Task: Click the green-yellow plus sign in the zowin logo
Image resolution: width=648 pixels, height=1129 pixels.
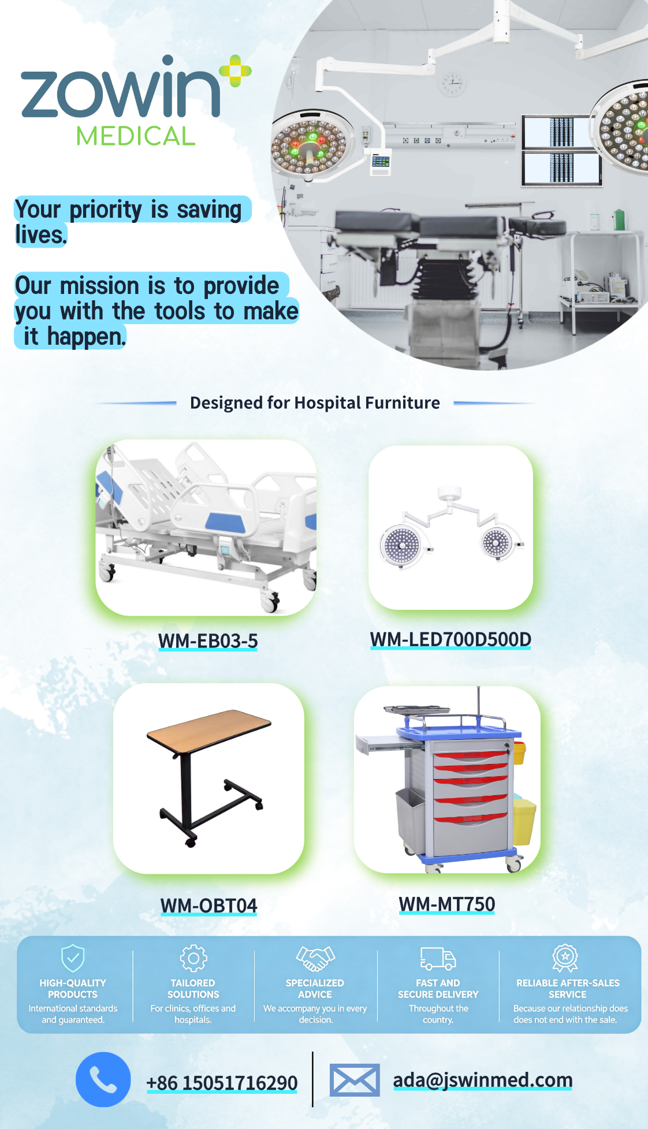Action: (x=235, y=71)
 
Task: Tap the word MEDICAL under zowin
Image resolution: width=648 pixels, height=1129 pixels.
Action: (x=136, y=136)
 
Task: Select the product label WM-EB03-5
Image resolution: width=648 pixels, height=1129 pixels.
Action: (x=208, y=640)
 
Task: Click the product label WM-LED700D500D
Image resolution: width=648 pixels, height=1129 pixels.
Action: (x=450, y=639)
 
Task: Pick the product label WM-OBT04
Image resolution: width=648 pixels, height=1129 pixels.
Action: (x=208, y=905)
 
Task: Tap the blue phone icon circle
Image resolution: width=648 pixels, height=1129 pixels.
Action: (x=103, y=1079)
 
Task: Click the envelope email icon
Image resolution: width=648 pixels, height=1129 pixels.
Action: (x=355, y=1080)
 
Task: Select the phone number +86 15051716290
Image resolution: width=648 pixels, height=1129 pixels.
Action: (x=222, y=1083)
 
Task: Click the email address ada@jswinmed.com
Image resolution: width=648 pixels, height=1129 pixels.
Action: (x=483, y=1079)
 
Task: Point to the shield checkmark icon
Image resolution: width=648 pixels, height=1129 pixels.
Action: (x=73, y=958)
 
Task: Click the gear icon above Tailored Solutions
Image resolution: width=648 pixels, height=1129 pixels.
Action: (x=193, y=958)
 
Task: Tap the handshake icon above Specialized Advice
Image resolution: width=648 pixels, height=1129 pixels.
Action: (x=315, y=958)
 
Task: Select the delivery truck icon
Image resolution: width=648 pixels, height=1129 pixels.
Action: (x=438, y=959)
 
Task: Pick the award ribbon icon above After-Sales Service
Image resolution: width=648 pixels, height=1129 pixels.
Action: (x=565, y=958)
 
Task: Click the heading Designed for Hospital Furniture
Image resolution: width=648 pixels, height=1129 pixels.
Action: (x=315, y=403)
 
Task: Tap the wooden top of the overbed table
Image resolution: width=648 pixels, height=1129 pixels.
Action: (x=209, y=732)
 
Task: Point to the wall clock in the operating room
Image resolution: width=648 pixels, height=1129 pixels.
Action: (x=452, y=84)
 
